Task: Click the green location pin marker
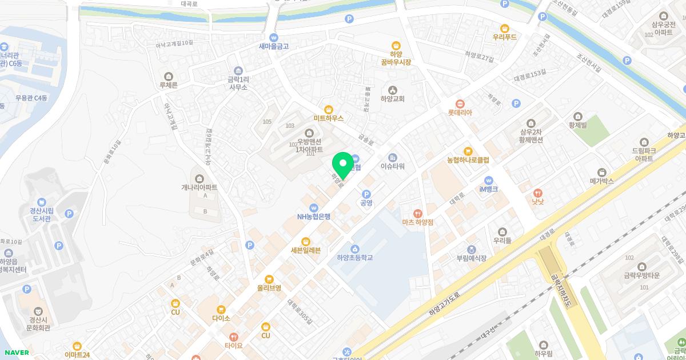tap(342, 164)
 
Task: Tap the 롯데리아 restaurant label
tap(460, 113)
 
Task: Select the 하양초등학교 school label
tap(354, 258)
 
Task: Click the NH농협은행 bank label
tap(313, 217)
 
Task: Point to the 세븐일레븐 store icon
tap(306, 241)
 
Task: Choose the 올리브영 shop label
tap(269, 288)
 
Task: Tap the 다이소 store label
tap(221, 318)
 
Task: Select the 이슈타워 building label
tap(393, 166)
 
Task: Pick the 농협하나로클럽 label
tap(468, 160)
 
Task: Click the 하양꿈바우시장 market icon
tap(396, 46)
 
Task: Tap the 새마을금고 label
tap(274, 46)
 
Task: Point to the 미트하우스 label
tap(328, 118)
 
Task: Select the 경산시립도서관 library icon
tap(42, 202)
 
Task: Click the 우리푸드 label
tap(504, 37)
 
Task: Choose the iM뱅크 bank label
tap(488, 189)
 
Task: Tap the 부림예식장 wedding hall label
tap(471, 258)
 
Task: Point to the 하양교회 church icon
tap(392, 90)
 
